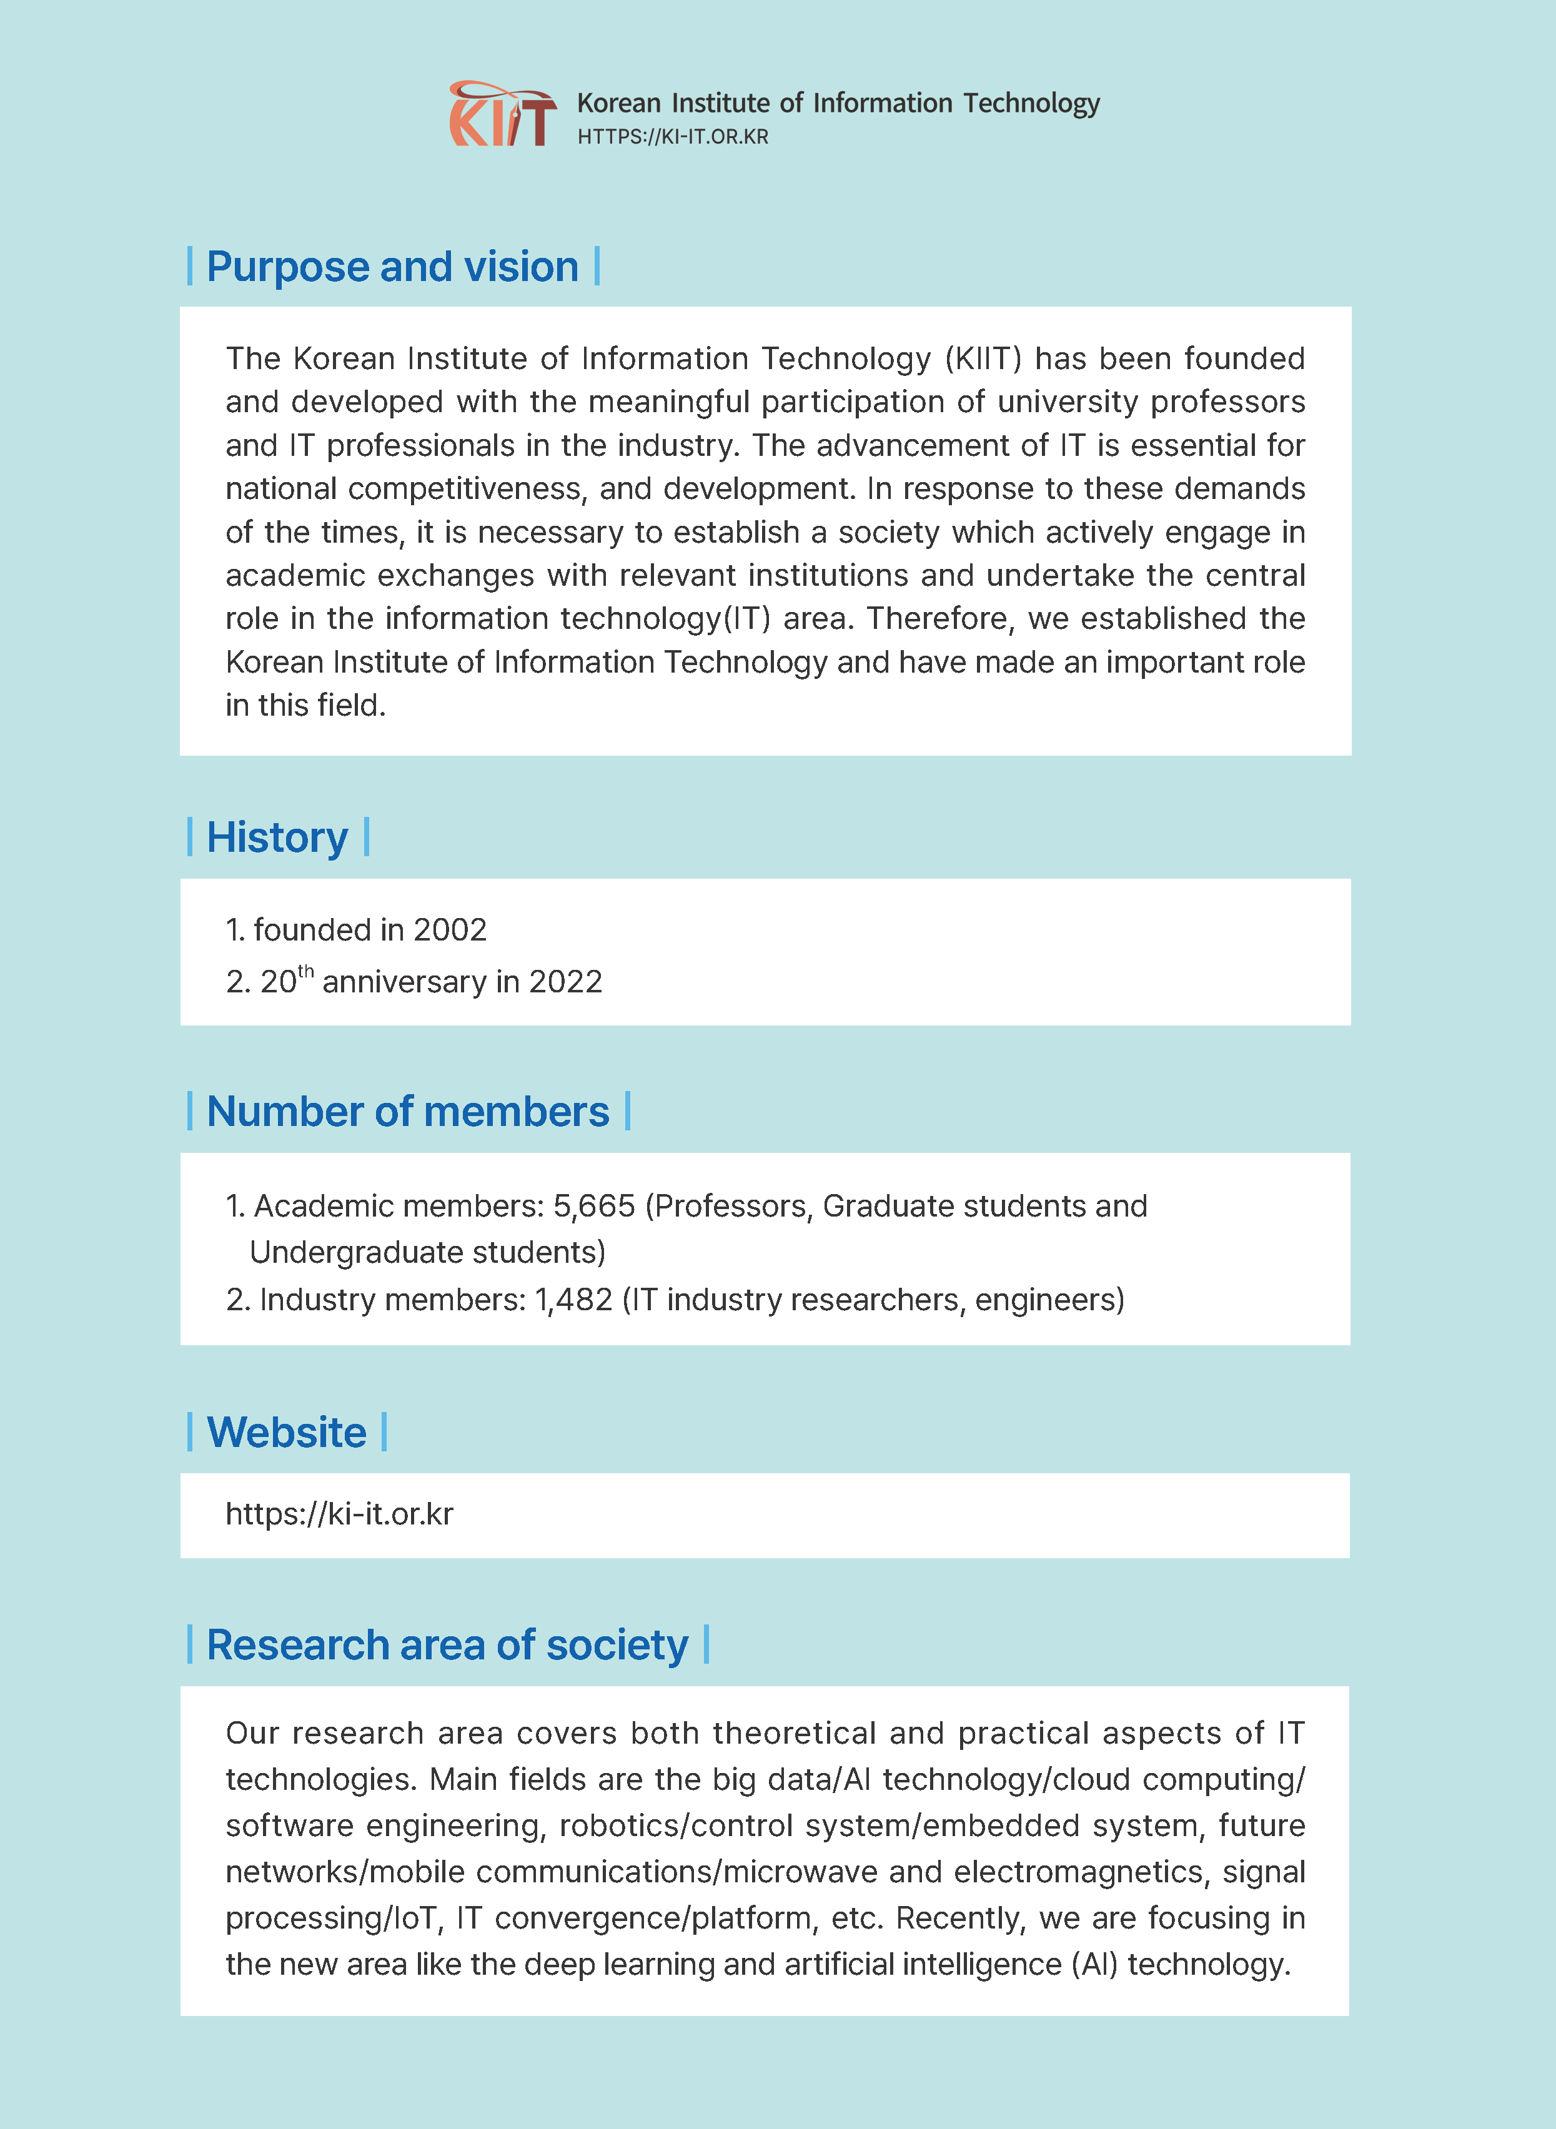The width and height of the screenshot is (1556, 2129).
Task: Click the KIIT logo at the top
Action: point(502,114)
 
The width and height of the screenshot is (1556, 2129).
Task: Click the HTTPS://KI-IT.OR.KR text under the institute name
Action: point(673,137)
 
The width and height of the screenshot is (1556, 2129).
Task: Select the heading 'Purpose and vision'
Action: point(392,267)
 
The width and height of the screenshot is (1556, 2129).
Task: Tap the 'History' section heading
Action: point(277,837)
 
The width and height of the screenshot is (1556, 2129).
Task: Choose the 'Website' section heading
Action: point(286,1432)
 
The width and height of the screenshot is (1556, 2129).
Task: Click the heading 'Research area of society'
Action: point(447,1645)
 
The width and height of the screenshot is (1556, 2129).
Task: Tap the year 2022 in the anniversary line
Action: point(565,982)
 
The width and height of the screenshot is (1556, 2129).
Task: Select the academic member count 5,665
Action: point(593,1206)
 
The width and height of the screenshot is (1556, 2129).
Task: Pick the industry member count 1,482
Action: point(573,1300)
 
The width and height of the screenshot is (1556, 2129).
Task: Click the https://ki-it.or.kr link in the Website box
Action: point(339,1514)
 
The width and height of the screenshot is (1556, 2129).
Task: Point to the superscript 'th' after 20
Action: point(306,972)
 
